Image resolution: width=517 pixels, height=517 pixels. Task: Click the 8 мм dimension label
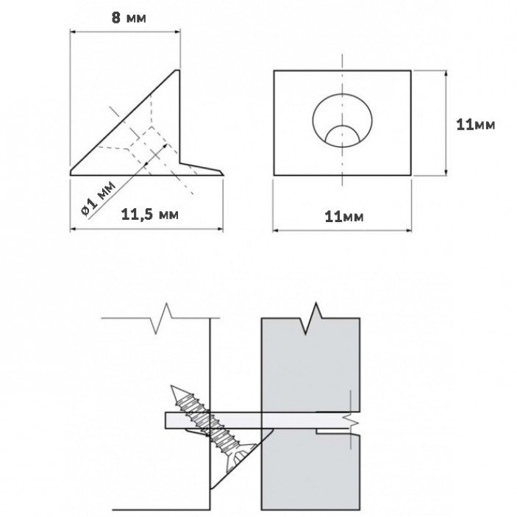[129, 18]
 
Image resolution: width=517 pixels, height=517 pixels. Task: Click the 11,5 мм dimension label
[150, 215]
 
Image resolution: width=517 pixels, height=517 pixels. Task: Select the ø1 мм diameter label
[99, 199]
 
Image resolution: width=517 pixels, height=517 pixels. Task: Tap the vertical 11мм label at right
[476, 125]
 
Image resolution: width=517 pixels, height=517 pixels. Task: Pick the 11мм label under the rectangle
[344, 217]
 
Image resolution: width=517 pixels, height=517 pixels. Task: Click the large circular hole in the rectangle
[342, 120]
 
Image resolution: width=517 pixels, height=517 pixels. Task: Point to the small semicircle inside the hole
[342, 135]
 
